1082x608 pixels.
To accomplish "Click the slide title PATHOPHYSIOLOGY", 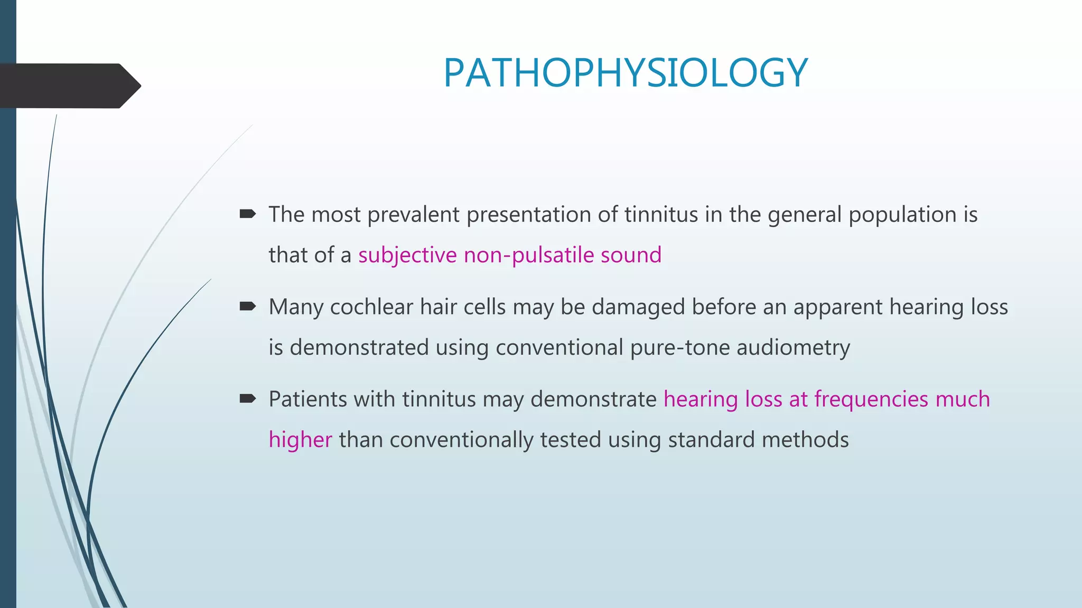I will [626, 73].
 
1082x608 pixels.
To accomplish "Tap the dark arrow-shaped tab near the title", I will [69, 86].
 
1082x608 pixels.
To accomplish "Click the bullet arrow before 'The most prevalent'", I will [247, 214].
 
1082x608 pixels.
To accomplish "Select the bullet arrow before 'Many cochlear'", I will [247, 306].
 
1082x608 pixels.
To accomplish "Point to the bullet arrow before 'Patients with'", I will [247, 398].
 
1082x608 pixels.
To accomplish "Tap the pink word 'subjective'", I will [407, 255].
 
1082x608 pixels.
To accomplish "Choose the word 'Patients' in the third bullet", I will [307, 400].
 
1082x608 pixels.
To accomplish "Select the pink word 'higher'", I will [300, 440].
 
